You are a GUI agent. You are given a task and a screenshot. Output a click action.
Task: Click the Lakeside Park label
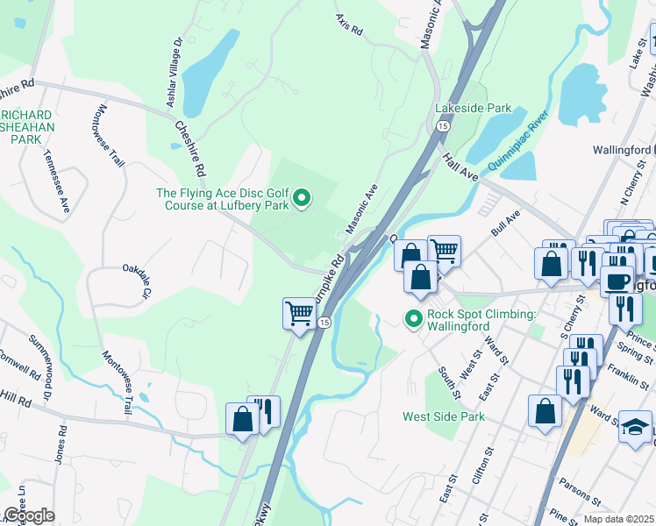(x=473, y=108)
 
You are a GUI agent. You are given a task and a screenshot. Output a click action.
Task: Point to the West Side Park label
(x=444, y=416)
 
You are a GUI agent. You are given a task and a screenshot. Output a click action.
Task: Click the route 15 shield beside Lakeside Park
(x=444, y=126)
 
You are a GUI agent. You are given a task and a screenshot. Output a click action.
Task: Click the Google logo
(x=28, y=515)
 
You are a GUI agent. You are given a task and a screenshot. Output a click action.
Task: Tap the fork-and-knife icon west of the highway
(x=264, y=413)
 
